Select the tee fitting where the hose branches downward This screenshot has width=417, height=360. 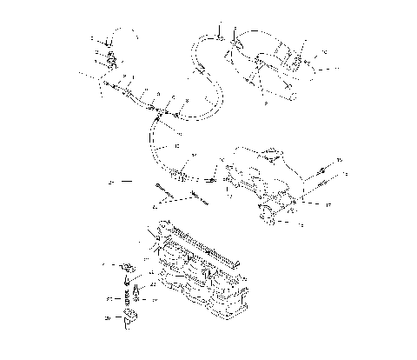pyautogui.click(x=157, y=110)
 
